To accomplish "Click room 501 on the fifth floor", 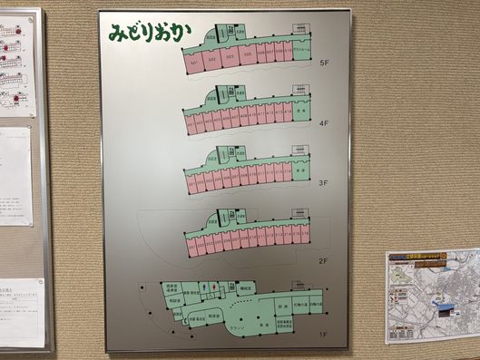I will [x=193, y=63].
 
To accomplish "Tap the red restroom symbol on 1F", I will [x=203, y=288].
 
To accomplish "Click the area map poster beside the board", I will [x=432, y=296].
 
